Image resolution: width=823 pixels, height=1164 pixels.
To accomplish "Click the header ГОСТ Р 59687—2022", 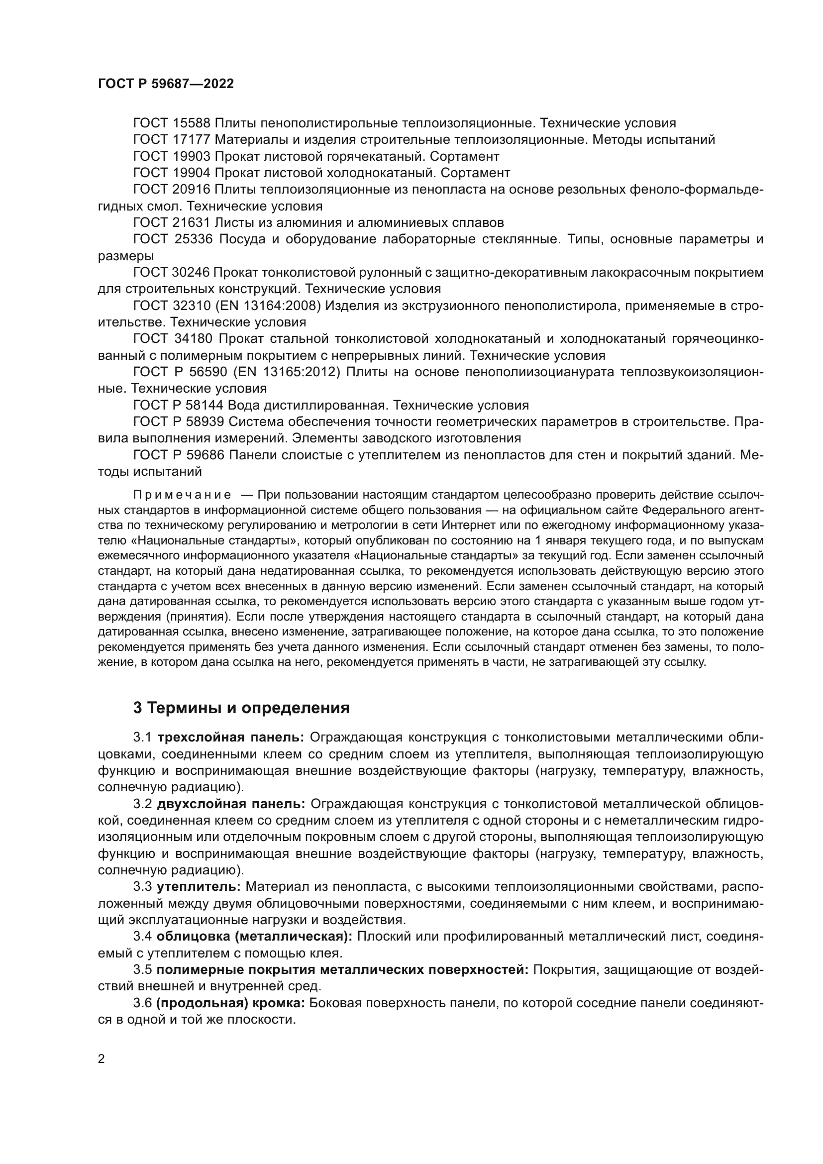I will click(166, 84).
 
